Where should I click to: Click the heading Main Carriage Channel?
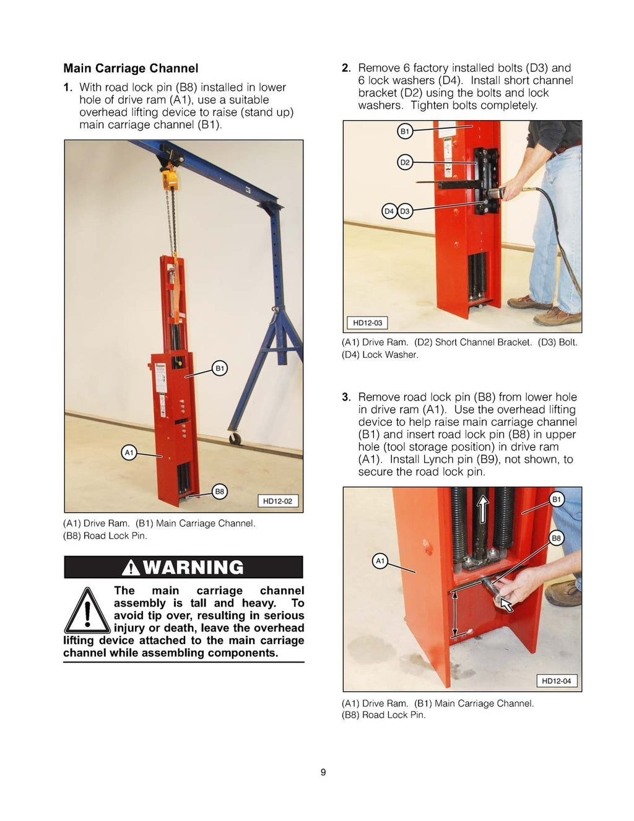pyautogui.click(x=131, y=69)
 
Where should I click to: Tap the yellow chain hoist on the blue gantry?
pyautogui.click(x=170, y=178)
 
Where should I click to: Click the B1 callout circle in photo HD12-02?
pyautogui.click(x=220, y=368)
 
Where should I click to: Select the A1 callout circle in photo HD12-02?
pyautogui.click(x=129, y=453)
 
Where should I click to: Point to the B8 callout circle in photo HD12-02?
pyautogui.click(x=220, y=492)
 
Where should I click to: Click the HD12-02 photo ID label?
pyautogui.click(x=277, y=501)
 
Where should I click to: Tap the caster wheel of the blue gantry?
pyautogui.click(x=235, y=438)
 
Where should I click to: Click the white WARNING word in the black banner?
pyautogui.click(x=193, y=567)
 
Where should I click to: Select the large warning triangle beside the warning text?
pyautogui.click(x=88, y=612)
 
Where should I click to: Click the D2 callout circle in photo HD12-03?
pyautogui.click(x=404, y=162)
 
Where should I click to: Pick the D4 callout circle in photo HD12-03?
pyautogui.click(x=389, y=211)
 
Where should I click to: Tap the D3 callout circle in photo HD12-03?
pyautogui.click(x=405, y=211)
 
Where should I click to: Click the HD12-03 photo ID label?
pyautogui.click(x=367, y=323)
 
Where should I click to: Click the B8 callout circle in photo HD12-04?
pyautogui.click(x=556, y=538)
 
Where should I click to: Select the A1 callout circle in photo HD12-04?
pyautogui.click(x=380, y=561)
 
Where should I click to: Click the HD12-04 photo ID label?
pyautogui.click(x=556, y=681)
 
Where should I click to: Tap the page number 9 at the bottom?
pyautogui.click(x=323, y=772)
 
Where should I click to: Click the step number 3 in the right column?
pyautogui.click(x=346, y=397)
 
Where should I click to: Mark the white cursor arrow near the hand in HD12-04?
pyautogui.click(x=506, y=604)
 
